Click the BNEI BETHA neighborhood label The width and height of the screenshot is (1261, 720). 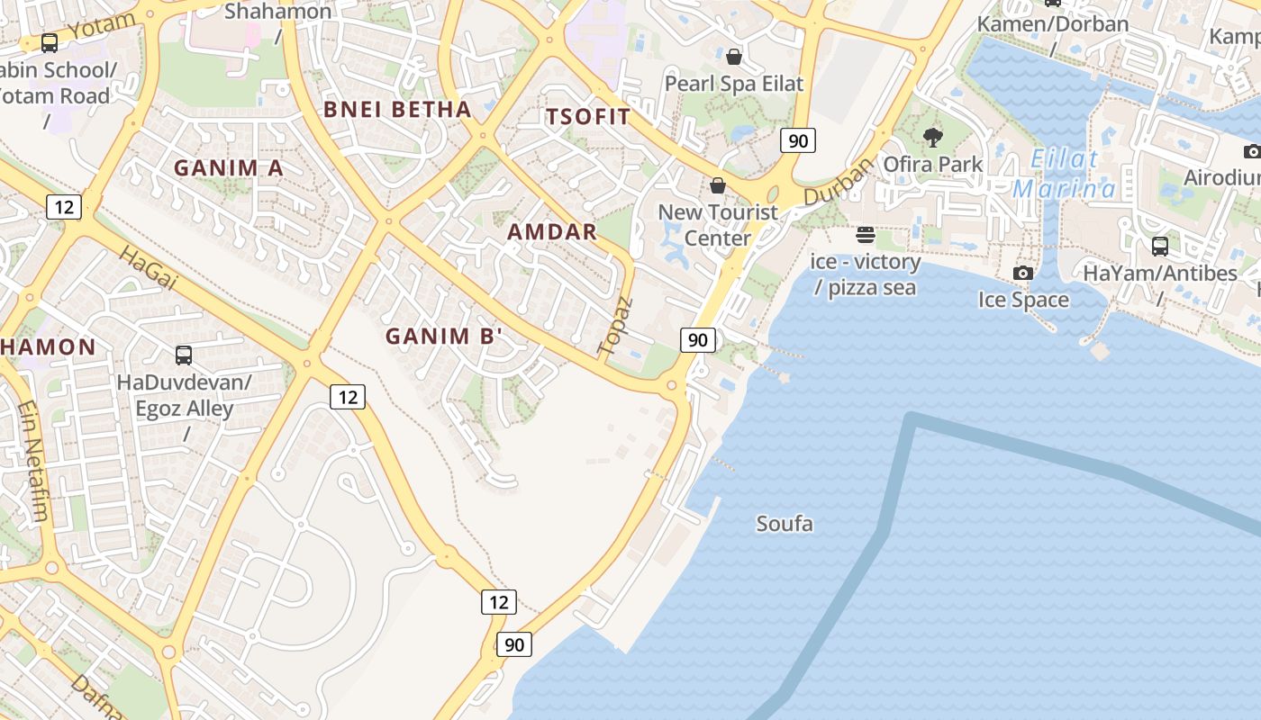click(x=397, y=110)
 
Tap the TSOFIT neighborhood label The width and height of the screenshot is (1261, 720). click(x=588, y=117)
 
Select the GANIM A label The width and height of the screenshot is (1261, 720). click(x=229, y=168)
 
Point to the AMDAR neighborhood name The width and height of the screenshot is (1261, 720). click(x=552, y=232)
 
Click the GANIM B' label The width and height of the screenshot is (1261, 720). click(x=444, y=337)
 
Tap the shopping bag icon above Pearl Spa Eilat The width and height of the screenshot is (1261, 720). click(x=734, y=57)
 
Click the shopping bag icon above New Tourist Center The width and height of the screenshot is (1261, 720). click(x=718, y=185)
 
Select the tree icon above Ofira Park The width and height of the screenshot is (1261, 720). click(x=933, y=137)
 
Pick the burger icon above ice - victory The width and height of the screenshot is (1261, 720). click(x=866, y=235)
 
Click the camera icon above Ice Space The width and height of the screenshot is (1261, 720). click(x=1023, y=272)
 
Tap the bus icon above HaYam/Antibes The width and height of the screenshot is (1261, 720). click(x=1160, y=245)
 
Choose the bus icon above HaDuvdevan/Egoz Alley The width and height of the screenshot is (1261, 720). click(x=184, y=355)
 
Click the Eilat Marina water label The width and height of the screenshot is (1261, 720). click(x=1065, y=175)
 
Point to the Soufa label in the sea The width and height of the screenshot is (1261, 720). click(x=785, y=524)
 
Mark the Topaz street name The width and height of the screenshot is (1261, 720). click(x=616, y=325)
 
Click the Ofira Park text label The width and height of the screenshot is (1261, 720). click(x=933, y=164)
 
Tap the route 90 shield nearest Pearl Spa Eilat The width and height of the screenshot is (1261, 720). click(x=798, y=140)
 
